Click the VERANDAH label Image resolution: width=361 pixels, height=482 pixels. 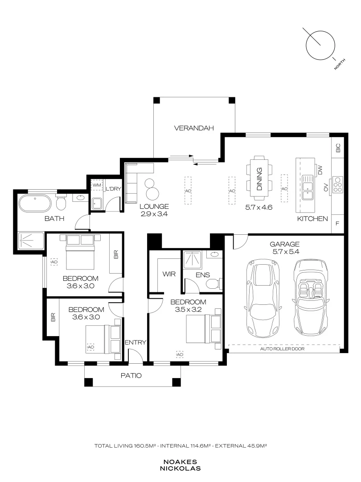click(x=194, y=128)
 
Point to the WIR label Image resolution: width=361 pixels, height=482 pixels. click(x=169, y=274)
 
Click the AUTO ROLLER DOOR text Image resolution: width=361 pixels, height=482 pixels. click(x=283, y=349)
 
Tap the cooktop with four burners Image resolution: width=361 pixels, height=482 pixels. click(x=338, y=184)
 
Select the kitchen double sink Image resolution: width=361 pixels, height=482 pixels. click(x=307, y=187)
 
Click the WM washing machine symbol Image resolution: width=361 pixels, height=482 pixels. click(x=97, y=185)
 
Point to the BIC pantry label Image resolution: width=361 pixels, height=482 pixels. click(x=338, y=148)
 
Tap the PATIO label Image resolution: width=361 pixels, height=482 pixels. click(x=131, y=375)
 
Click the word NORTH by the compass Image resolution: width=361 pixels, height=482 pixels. click(x=340, y=64)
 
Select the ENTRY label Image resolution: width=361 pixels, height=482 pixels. click(x=135, y=342)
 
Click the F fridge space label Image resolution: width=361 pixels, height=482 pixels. click(x=337, y=224)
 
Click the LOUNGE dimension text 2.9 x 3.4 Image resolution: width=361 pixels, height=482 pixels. click(x=154, y=214)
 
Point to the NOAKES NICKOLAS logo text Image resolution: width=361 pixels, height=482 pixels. click(x=180, y=465)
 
